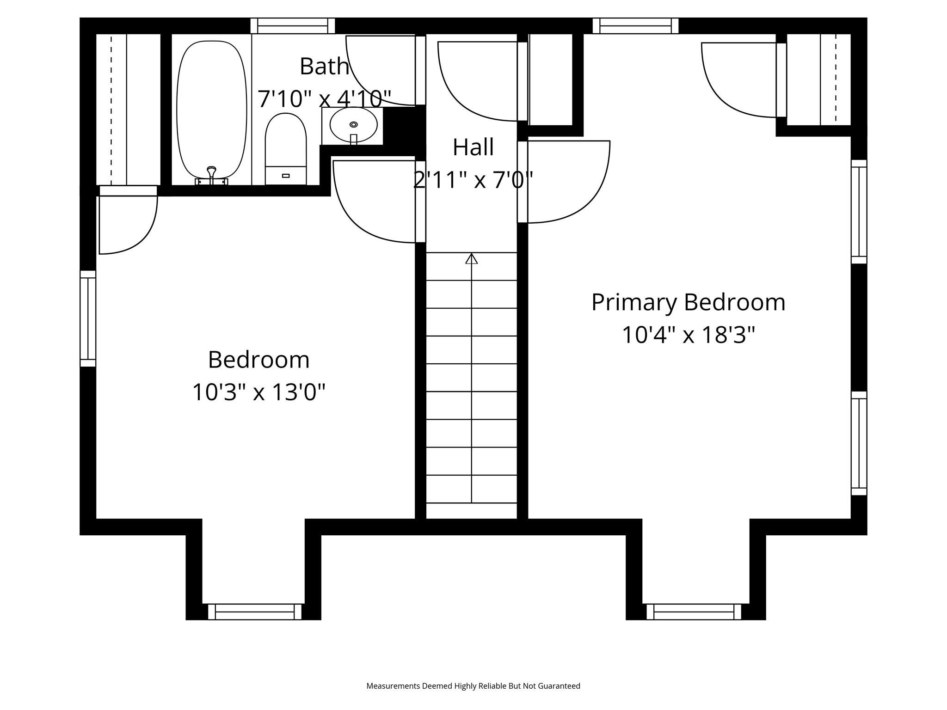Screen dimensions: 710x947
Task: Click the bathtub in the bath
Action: pyautogui.click(x=211, y=109)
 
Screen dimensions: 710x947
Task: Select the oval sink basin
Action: pyautogui.click(x=353, y=124)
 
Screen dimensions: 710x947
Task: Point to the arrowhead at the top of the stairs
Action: pyautogui.click(x=471, y=259)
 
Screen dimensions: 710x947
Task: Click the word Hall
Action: pyautogui.click(x=473, y=147)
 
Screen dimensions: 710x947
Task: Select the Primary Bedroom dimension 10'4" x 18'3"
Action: pyautogui.click(x=688, y=335)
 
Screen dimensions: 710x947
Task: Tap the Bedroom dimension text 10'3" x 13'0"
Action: pyautogui.click(x=258, y=392)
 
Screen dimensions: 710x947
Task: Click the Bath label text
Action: pyautogui.click(x=324, y=67)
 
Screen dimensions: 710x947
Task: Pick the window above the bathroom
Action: pyautogui.click(x=292, y=26)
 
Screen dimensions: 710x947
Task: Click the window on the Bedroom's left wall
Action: pyautogui.click(x=88, y=318)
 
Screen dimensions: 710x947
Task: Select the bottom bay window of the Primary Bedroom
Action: pyautogui.click(x=694, y=612)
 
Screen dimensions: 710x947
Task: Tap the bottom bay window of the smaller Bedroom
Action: pyautogui.click(x=255, y=612)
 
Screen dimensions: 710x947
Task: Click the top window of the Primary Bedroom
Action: pyautogui.click(x=635, y=26)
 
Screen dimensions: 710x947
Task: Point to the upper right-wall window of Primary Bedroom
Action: pyautogui.click(x=859, y=212)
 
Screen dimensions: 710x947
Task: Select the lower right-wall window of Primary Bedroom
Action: pyautogui.click(x=859, y=443)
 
